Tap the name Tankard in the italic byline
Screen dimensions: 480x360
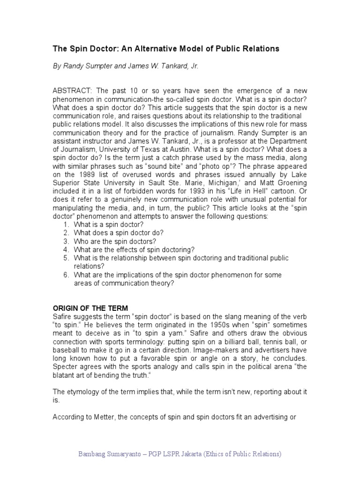click(172, 67)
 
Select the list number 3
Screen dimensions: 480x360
click(66, 241)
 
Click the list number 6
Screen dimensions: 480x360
click(66, 275)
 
